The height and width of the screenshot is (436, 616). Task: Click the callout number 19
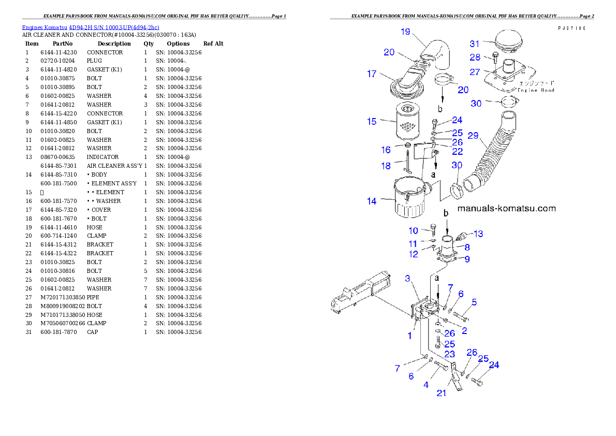(405, 32)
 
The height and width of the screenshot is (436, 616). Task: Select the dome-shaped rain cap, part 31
(511, 41)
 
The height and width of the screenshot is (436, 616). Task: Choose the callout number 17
(372, 74)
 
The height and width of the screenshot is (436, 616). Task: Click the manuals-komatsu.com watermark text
(506, 209)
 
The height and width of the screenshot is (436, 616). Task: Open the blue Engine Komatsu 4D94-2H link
(91, 27)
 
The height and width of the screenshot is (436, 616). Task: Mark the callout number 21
(441, 393)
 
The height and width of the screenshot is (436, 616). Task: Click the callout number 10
(413, 230)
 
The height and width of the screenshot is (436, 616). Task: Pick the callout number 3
(407, 279)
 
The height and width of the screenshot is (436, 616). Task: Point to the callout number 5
(474, 302)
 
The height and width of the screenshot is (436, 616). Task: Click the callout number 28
(475, 57)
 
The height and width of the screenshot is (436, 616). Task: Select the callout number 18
(386, 166)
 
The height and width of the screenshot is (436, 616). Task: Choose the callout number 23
(449, 354)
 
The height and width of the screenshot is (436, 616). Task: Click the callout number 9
(467, 259)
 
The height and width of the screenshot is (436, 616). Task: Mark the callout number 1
(409, 336)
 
